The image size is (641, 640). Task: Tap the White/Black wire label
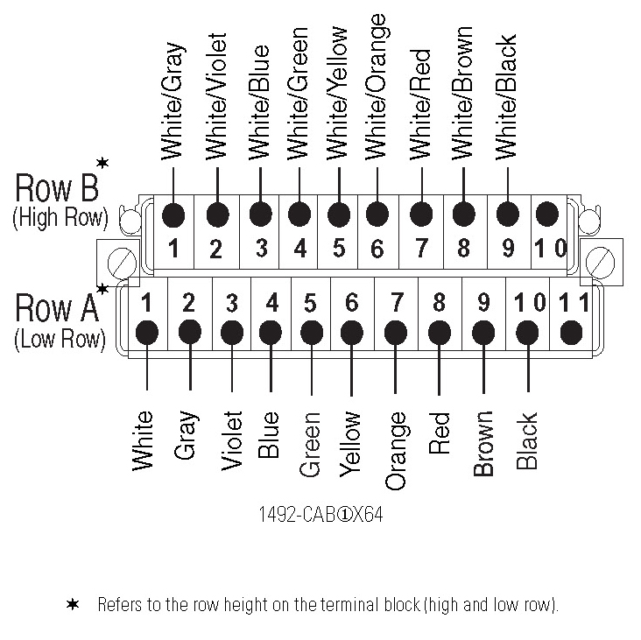[505, 97]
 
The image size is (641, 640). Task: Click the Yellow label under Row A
[350, 442]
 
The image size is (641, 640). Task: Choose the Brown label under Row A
[483, 444]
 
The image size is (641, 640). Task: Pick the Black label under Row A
[526, 440]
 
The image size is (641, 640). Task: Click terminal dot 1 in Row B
[175, 215]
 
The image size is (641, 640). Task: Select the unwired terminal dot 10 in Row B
[546, 214]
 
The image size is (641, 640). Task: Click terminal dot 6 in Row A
[351, 333]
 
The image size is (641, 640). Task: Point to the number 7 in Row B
[421, 248]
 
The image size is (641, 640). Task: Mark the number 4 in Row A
[271, 304]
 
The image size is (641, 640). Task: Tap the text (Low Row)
[60, 340]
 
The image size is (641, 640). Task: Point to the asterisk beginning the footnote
[73, 605]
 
